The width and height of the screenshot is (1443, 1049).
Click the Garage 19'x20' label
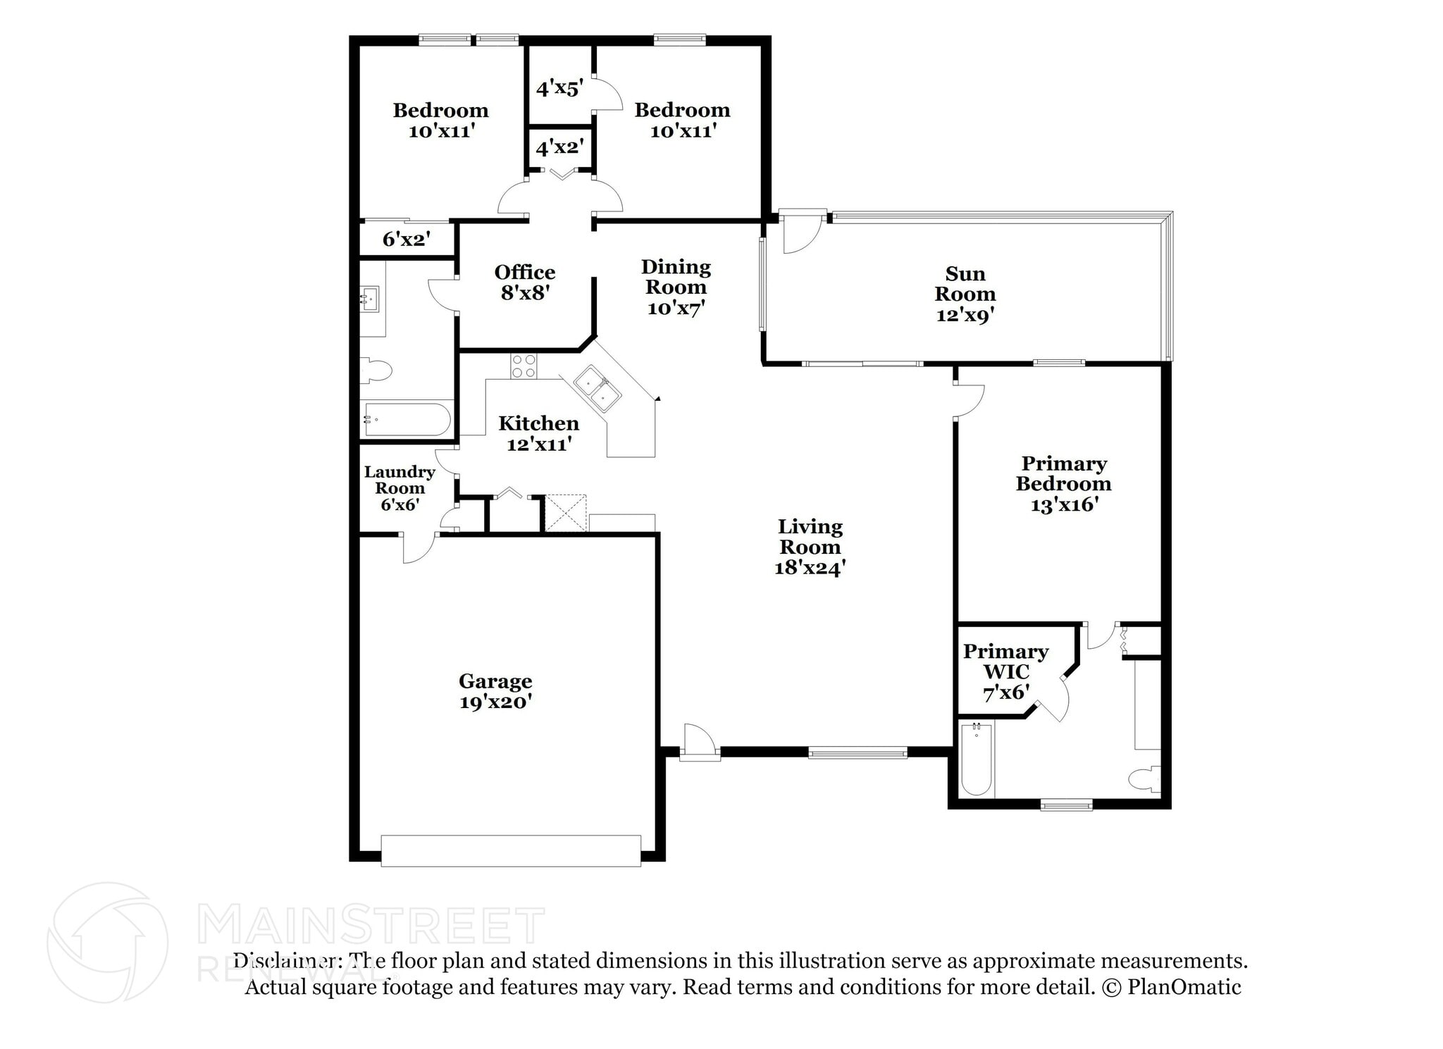point(495,691)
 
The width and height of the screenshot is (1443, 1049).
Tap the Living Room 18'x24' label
point(810,547)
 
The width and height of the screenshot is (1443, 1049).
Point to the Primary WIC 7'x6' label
point(1005,671)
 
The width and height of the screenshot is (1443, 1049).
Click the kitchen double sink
point(597,388)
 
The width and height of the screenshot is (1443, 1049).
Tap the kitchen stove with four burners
point(524,366)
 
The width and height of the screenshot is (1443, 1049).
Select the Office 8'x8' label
point(525,282)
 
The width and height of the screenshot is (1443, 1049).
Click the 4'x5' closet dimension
point(559,88)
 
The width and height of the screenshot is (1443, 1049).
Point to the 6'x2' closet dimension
point(407,239)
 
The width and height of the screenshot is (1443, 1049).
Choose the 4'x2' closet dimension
point(559,147)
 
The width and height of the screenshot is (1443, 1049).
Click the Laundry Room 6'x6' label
point(400,488)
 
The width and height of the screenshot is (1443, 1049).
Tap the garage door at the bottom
point(511,850)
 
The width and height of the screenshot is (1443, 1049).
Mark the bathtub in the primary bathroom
point(977,759)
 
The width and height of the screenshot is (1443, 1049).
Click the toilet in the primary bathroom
point(1145,780)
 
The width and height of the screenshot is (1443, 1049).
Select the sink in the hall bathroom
point(369,299)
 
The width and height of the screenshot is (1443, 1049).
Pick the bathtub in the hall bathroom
point(407,420)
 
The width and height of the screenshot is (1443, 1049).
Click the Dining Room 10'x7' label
point(676,287)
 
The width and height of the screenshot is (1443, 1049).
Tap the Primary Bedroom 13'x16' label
point(1063,483)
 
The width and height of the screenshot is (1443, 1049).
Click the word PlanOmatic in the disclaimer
point(1184,987)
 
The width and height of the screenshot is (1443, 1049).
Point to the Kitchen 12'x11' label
point(539,433)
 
